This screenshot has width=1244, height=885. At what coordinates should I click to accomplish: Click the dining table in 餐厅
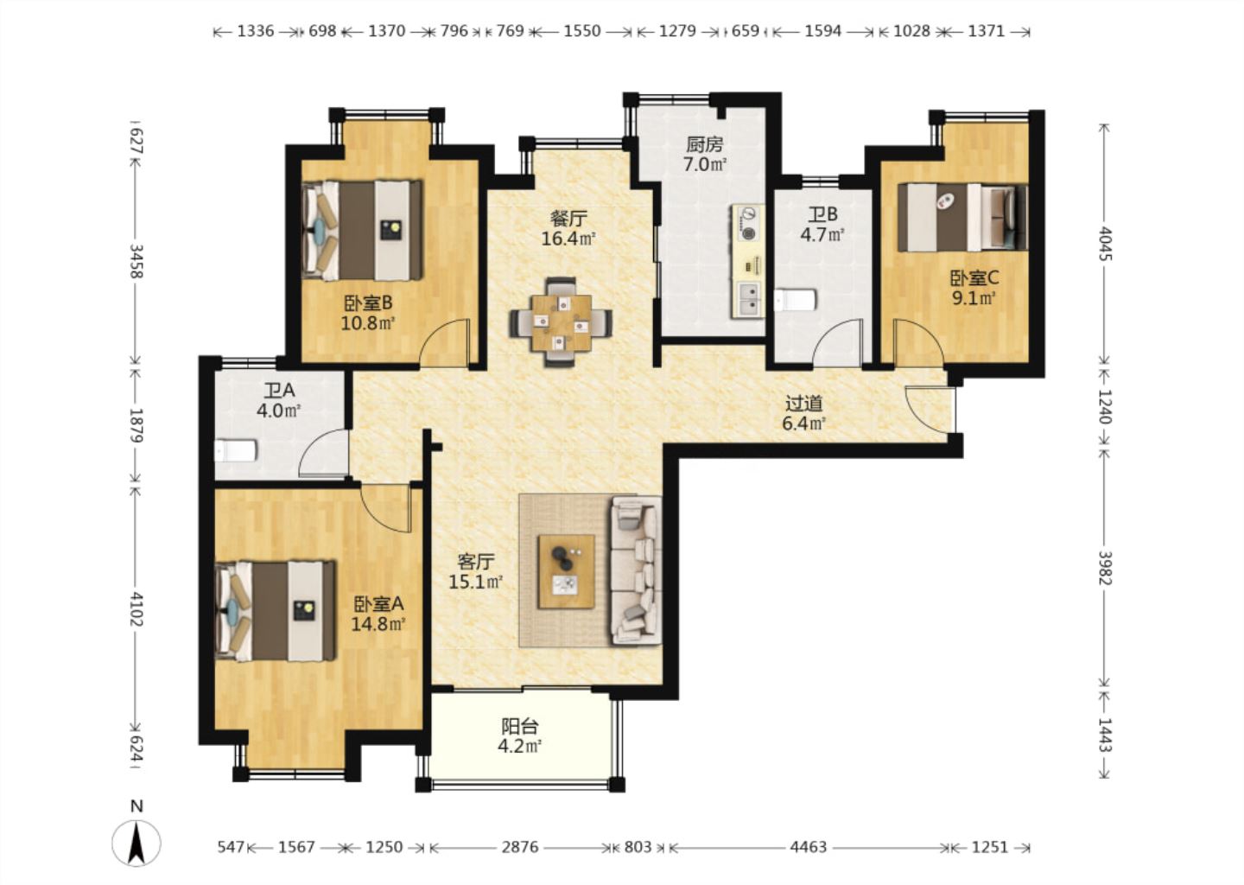pos(561,322)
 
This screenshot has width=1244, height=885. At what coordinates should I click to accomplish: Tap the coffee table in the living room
pos(566,572)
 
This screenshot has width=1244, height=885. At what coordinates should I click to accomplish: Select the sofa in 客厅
pos(637,570)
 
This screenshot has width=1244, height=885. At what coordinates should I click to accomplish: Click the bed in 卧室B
pos(361,230)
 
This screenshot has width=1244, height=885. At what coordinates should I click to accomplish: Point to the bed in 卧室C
pos(962,218)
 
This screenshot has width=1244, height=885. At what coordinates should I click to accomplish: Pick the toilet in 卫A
pos(236,450)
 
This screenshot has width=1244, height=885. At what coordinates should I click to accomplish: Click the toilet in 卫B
pos(796,300)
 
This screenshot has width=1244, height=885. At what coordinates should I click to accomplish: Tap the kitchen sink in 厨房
pos(750,299)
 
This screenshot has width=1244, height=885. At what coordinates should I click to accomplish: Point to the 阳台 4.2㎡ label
pos(520,736)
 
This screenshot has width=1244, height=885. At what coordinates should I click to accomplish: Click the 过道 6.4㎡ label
pos(803,413)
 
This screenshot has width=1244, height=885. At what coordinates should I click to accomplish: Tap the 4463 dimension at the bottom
pos(808,847)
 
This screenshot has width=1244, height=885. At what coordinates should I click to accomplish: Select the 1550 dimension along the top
pos(582,31)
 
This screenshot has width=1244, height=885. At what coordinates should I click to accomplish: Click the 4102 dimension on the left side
pos(136,609)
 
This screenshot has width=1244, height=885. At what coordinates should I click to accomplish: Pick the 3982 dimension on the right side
pos(1105,568)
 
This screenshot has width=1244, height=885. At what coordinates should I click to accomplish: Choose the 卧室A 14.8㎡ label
pos(378,614)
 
